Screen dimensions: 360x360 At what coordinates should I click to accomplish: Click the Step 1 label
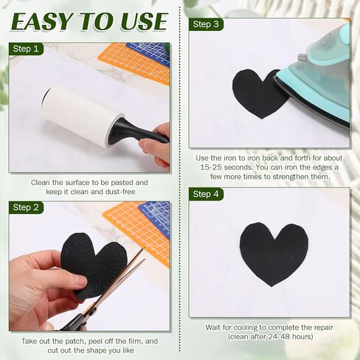pos(26,49)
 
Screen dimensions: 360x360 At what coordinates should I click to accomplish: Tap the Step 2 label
pos(26,207)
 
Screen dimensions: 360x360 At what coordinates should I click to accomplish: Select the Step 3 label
pos(206,24)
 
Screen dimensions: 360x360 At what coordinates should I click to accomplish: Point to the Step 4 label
pos(206,194)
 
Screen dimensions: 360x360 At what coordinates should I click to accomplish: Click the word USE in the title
pos(143,21)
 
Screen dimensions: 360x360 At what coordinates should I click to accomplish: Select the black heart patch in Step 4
pos(274,252)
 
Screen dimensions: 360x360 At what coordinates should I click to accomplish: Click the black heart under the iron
pos(258,94)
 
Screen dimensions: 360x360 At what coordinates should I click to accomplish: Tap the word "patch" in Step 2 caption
pos(75,342)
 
